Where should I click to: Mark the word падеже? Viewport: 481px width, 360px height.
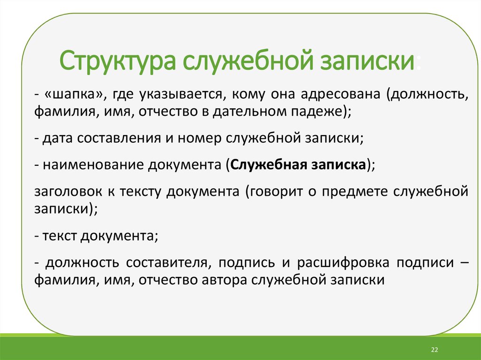(320, 112)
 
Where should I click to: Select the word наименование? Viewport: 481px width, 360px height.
(93, 165)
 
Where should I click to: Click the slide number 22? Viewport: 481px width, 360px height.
(434, 350)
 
